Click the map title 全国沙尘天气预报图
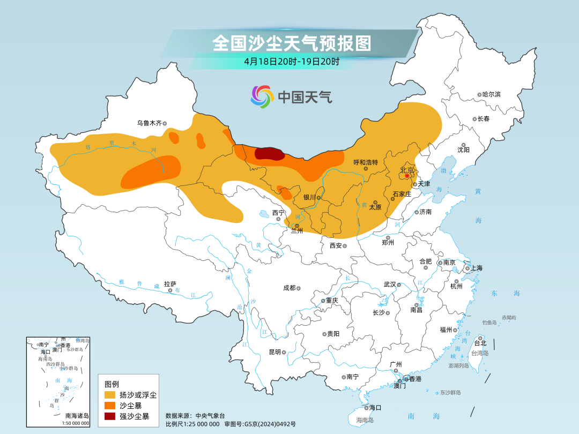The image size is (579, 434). point(291,43)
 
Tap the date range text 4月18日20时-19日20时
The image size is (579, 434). point(291,61)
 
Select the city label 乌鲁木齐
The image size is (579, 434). point(149,123)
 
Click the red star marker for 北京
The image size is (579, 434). point(407,175)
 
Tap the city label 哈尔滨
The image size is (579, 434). point(491,94)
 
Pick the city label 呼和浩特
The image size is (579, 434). point(366,162)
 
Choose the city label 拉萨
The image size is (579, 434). point(170,284)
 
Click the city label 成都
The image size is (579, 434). point(289,288)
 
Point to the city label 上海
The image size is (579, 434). point(476,268)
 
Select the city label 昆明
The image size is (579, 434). point(274,352)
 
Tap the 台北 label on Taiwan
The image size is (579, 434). point(480,343)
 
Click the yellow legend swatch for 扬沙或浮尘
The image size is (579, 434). point(110,395)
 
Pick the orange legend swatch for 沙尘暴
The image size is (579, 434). point(110,406)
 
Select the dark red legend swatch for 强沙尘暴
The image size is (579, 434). point(110,416)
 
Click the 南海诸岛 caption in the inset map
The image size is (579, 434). point(77,415)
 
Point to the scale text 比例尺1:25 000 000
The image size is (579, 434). point(192,424)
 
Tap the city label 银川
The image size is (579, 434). point(309,197)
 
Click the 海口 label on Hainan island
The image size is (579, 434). point(375,408)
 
